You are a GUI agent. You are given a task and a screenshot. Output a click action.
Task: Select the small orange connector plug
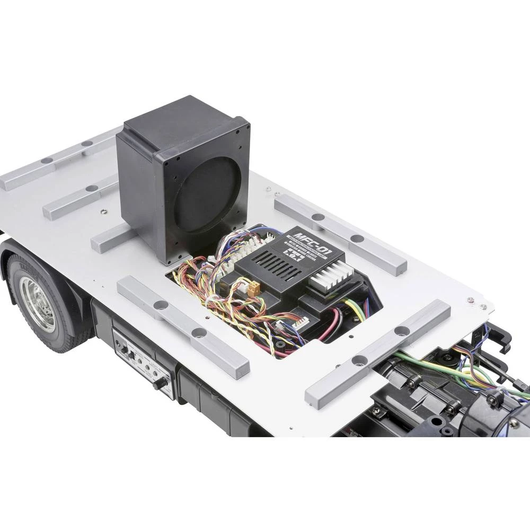coord(254,288)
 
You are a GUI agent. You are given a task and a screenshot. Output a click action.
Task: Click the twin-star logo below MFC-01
coord(295,255)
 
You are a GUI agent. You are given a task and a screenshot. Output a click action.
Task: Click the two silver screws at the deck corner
coord(476,303)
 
